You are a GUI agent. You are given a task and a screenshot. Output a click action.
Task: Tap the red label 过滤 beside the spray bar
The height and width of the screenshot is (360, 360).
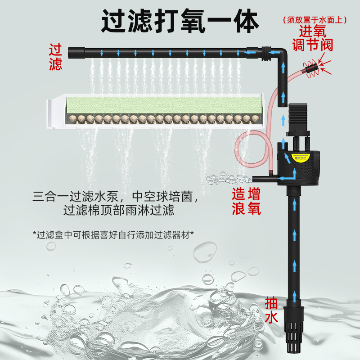(x=55, y=57)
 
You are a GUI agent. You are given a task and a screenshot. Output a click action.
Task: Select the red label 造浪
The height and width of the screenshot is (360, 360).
(x=238, y=202)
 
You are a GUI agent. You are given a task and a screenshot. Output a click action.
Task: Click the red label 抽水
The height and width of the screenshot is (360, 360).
(x=271, y=310)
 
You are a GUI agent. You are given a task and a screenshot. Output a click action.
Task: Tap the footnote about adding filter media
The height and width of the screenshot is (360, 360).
(x=113, y=235)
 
